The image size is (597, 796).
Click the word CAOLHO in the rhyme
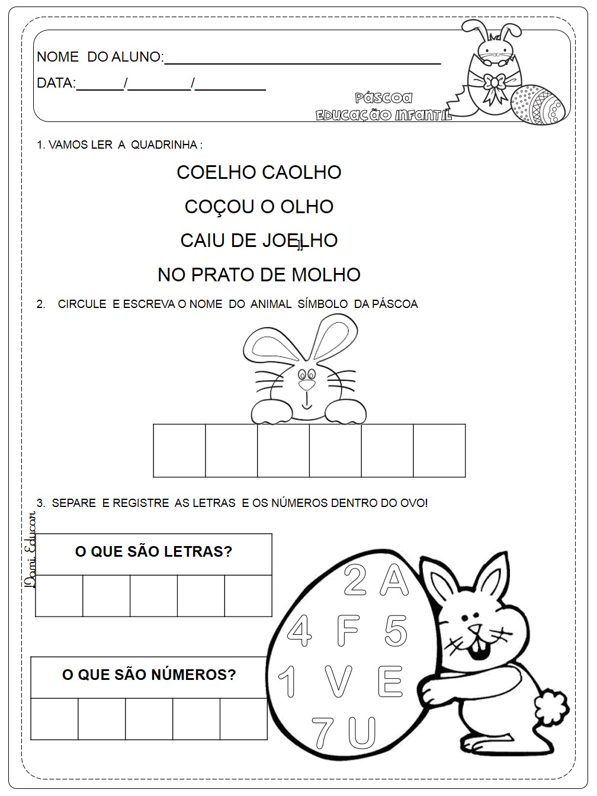[301, 172]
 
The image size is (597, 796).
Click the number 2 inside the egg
[355, 580]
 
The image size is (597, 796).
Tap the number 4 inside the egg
[299, 631]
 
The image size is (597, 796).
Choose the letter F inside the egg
[348, 630]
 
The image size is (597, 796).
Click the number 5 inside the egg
[395, 630]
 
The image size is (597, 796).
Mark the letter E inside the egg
[390, 681]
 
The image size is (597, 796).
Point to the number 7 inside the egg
[322, 731]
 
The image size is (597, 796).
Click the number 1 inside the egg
[288, 681]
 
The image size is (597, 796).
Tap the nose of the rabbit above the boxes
[307, 384]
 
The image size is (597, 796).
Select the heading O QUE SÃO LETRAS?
[153, 552]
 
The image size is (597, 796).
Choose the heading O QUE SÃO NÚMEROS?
[149, 675]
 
